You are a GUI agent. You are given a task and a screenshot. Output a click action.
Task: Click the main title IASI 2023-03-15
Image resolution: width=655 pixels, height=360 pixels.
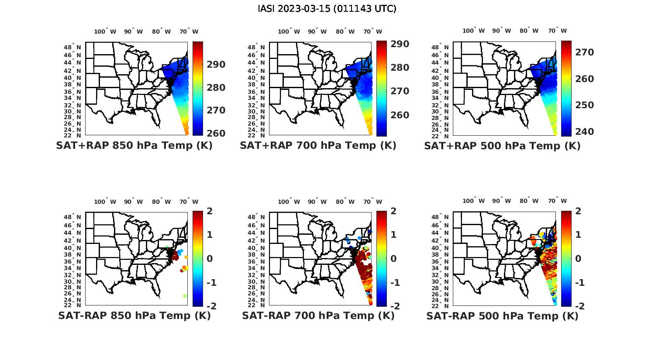[x=327, y=8]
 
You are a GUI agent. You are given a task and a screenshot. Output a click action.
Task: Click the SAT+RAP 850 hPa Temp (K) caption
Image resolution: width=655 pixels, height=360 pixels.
[x=134, y=145]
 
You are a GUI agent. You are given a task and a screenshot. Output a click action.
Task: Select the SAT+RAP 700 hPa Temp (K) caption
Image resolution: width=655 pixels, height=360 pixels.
[x=318, y=145]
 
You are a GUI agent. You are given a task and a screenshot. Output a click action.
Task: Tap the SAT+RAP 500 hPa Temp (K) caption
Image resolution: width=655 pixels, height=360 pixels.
[x=502, y=146]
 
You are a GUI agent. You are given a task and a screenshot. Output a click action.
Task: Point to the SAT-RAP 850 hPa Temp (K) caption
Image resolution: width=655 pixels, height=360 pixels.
[x=134, y=315]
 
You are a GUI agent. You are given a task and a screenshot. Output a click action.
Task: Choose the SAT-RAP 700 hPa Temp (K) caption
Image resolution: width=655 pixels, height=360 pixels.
[x=318, y=315]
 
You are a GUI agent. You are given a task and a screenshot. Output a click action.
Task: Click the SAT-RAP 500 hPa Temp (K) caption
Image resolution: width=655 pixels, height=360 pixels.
[x=502, y=316]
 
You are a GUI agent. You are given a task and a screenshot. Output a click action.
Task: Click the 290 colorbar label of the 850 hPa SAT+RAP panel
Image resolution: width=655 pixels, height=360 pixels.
[x=216, y=65]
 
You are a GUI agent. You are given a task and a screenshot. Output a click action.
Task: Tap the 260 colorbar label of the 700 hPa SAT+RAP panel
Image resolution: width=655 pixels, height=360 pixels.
[x=400, y=115]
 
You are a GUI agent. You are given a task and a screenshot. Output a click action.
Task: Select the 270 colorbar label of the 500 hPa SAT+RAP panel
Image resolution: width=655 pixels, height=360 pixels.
[x=584, y=52]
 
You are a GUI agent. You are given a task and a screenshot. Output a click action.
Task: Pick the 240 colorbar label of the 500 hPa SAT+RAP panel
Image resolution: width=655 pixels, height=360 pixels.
[x=584, y=131]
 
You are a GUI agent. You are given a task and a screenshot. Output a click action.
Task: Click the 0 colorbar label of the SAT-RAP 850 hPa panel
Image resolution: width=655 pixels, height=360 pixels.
[x=209, y=258]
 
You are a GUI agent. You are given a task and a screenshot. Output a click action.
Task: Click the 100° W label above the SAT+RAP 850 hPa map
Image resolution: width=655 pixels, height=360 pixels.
[x=105, y=31]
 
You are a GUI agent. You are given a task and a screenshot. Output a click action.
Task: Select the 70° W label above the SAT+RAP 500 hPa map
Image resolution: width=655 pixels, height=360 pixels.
[x=557, y=31]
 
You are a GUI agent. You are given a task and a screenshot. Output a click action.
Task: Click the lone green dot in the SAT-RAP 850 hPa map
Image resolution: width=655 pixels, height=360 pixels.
[x=185, y=296]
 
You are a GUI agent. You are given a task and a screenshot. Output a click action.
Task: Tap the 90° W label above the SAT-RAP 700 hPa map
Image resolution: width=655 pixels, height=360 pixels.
[x=317, y=202]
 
